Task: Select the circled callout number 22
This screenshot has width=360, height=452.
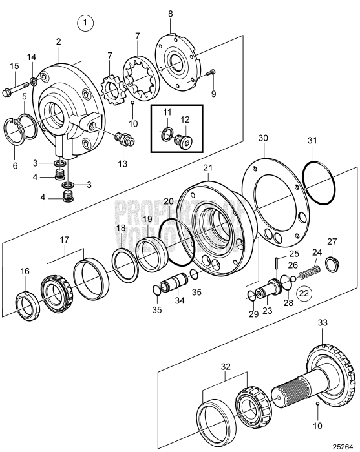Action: tap(304, 293)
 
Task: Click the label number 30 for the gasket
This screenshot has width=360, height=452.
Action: tap(262, 139)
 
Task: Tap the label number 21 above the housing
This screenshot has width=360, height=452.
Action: tap(207, 169)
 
